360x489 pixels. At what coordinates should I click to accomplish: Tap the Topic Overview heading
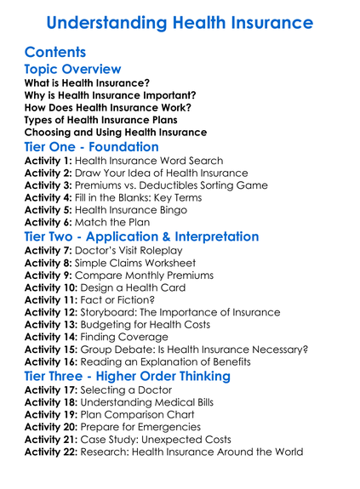pos(73,69)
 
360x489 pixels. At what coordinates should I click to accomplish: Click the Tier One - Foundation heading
pos(92,146)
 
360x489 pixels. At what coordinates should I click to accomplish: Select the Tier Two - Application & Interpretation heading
pos(141,236)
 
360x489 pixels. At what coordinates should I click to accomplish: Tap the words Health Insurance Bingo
pos(139,209)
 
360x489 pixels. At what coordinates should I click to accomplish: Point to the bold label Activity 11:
pos(54,300)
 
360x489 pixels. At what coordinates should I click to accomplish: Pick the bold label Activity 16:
pos(54,361)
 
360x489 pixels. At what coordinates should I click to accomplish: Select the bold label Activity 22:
pos(54,452)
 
